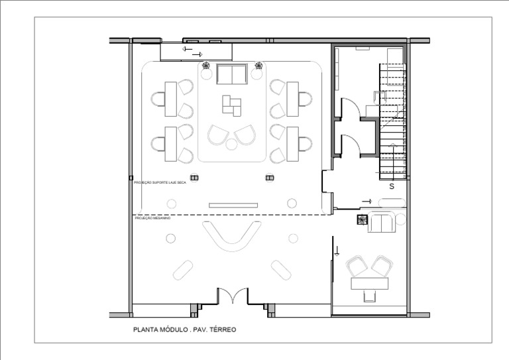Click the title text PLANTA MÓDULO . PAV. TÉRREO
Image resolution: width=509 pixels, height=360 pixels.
184,329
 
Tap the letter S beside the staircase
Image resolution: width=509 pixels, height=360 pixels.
391,186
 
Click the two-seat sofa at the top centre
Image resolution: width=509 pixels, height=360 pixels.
231,75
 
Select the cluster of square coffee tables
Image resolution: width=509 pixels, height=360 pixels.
232,105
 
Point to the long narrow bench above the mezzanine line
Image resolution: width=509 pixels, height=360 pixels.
233,206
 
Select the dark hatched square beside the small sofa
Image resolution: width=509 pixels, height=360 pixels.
362,221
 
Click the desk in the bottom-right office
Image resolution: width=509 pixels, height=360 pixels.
368,284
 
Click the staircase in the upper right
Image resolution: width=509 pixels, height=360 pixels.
391,119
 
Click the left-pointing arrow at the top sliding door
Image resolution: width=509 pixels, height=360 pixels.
188,49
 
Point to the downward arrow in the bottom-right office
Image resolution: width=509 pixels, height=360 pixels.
337,251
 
